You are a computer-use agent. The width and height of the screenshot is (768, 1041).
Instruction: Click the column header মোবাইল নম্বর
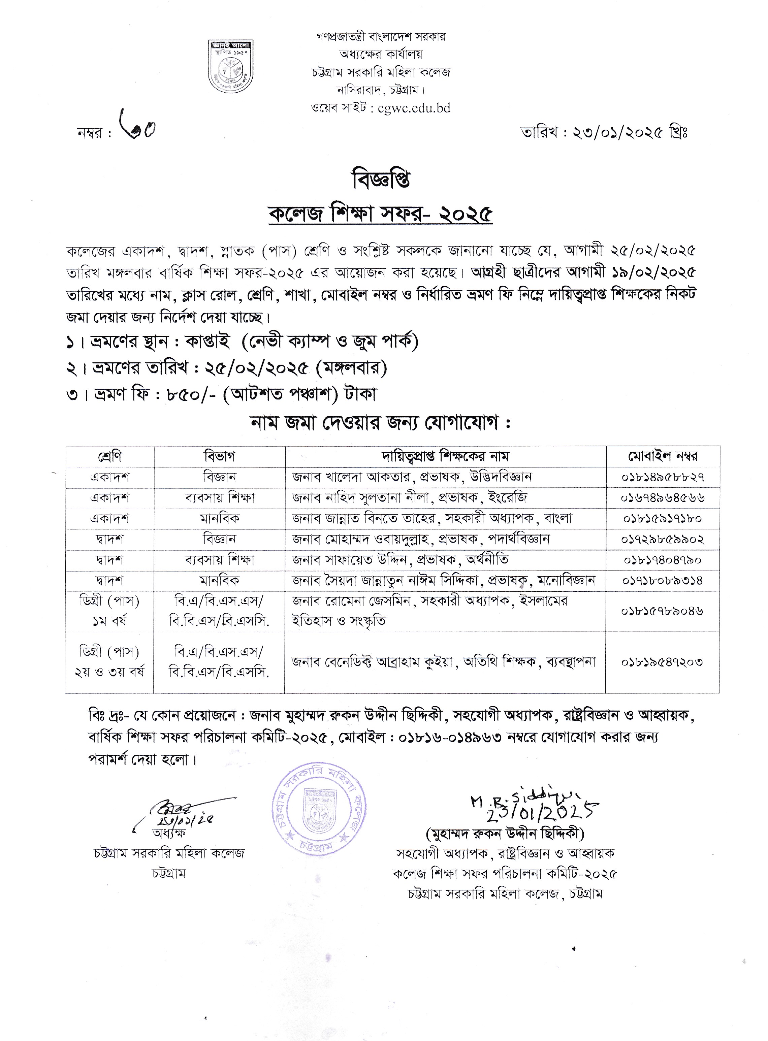663,456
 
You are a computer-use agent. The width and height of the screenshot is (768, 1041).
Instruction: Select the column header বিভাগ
219,456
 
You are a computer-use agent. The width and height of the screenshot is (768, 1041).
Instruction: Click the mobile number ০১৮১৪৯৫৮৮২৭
663,477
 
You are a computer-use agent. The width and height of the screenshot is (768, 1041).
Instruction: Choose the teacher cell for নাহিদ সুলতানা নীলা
409,498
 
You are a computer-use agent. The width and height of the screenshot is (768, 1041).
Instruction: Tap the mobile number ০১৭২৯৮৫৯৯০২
663,539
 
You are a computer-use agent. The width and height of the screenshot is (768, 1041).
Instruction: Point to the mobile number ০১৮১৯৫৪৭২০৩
663,662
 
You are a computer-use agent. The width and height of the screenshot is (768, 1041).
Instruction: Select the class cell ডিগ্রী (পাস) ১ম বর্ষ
110,611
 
